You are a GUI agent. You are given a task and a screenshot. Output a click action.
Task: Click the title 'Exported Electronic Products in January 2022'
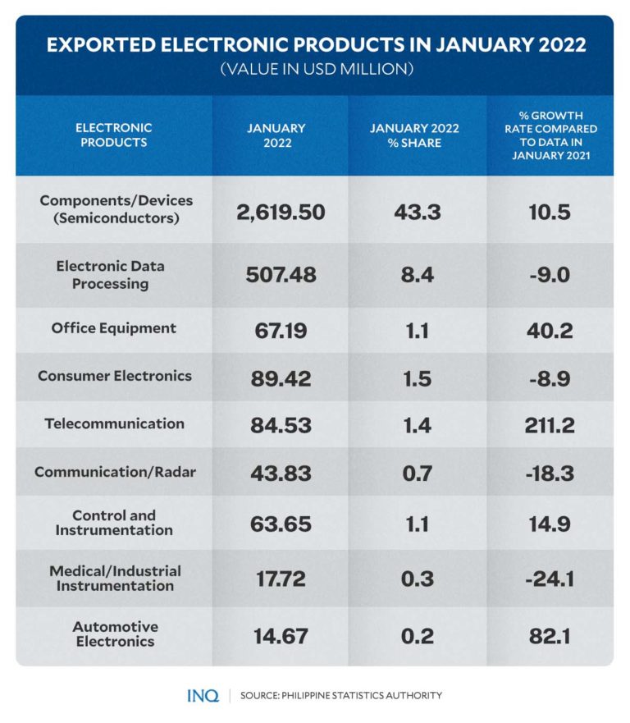[x=316, y=44]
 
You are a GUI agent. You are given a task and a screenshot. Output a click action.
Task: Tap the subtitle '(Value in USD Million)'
[x=315, y=70]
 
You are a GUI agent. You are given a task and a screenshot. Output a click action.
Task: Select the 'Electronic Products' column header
[x=114, y=135]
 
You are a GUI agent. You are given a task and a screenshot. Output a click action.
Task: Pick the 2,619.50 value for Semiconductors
[x=281, y=212]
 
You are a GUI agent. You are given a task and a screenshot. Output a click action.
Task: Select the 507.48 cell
[x=281, y=275]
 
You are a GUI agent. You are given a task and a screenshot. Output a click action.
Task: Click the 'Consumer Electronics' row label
[x=115, y=376]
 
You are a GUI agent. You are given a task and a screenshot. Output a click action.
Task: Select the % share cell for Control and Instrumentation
[x=416, y=524]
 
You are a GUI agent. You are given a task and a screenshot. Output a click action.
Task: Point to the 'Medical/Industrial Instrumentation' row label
[x=115, y=579]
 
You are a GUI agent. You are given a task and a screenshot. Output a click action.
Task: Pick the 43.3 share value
[x=416, y=212]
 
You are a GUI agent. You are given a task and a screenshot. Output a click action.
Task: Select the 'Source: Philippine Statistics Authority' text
[x=340, y=696]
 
